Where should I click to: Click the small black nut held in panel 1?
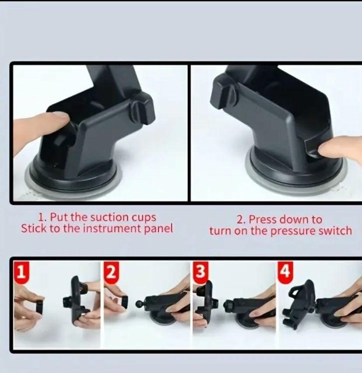click(40, 307)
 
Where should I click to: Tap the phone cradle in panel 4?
click(299, 303)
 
